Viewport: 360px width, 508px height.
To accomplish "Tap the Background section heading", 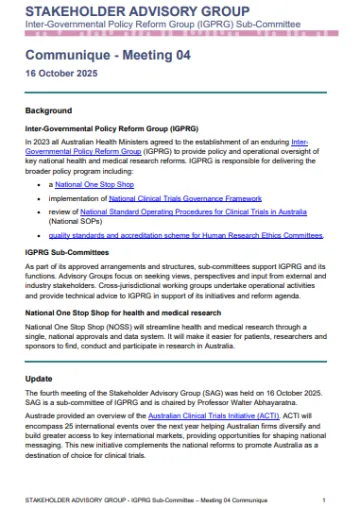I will (47, 110).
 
